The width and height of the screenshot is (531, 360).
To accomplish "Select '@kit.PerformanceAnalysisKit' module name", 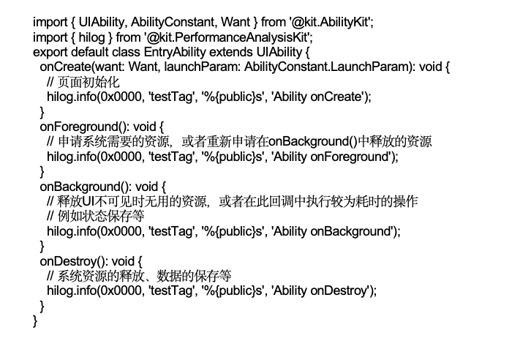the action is tap(227, 37).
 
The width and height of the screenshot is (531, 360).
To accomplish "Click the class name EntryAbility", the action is tap(175, 52).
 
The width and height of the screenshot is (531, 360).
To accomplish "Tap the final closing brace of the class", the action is tap(35, 320).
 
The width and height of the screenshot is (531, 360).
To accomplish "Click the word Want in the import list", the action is tap(236, 23).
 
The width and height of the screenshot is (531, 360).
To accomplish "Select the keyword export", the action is tap(50, 53).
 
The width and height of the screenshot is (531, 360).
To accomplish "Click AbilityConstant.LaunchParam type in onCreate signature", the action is tap(328, 67).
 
